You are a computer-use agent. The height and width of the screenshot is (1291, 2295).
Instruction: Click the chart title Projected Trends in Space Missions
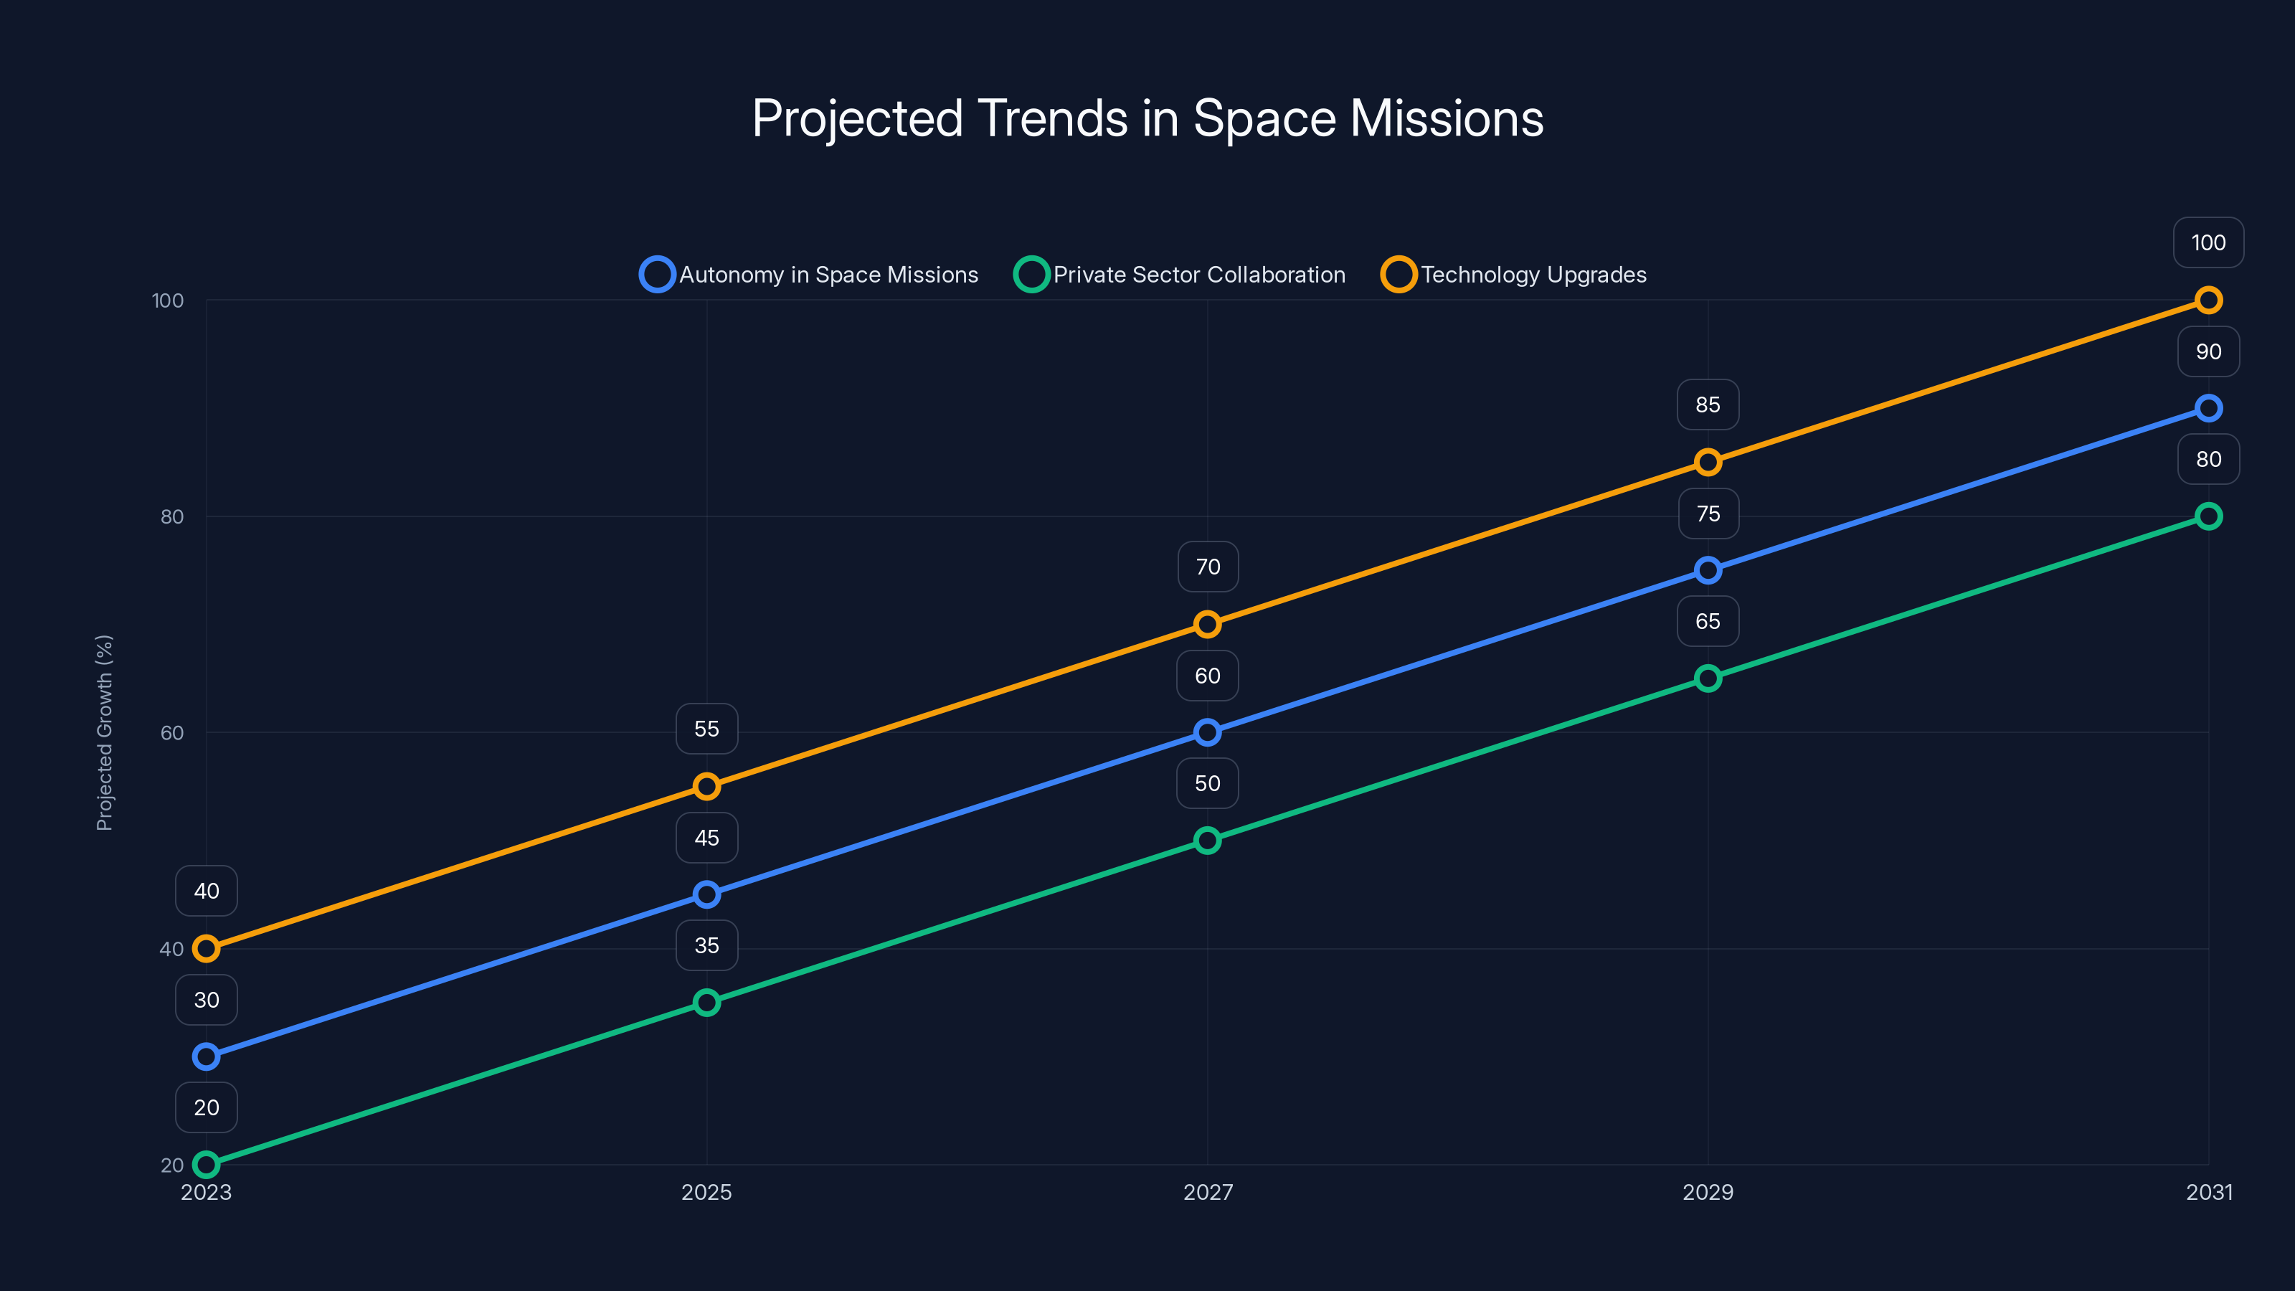click(x=1147, y=118)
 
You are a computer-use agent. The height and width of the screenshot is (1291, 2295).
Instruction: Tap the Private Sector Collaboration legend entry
click(x=1180, y=275)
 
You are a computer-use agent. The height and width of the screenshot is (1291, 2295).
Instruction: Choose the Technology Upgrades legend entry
click(x=1514, y=275)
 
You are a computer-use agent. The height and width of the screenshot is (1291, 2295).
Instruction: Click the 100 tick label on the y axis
click(x=168, y=301)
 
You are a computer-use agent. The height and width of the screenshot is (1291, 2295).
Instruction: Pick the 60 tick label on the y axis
click(x=172, y=732)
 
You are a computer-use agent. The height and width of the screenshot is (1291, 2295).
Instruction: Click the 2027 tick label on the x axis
click(x=1207, y=1192)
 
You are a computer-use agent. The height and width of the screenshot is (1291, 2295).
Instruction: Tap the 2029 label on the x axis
click(x=1707, y=1192)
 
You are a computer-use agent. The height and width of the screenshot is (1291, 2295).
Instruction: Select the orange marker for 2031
click(x=2208, y=301)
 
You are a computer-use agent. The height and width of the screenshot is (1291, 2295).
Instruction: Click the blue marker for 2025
click(x=706, y=894)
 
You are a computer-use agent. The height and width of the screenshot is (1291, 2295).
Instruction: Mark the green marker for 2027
click(x=1207, y=840)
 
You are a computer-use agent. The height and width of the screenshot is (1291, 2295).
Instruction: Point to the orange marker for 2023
click(x=206, y=949)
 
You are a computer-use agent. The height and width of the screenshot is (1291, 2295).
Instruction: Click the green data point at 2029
click(x=1707, y=678)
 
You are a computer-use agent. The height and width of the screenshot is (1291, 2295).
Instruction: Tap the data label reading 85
click(x=1707, y=405)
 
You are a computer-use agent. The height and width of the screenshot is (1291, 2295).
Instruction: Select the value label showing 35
click(x=706, y=945)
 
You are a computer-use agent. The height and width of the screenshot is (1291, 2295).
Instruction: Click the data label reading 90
click(x=2208, y=351)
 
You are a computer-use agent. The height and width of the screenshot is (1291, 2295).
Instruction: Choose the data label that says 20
click(x=206, y=1107)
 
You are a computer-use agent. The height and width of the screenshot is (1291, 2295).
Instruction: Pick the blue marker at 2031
click(x=2208, y=408)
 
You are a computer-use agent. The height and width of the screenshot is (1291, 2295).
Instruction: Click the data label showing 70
click(x=1207, y=567)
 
